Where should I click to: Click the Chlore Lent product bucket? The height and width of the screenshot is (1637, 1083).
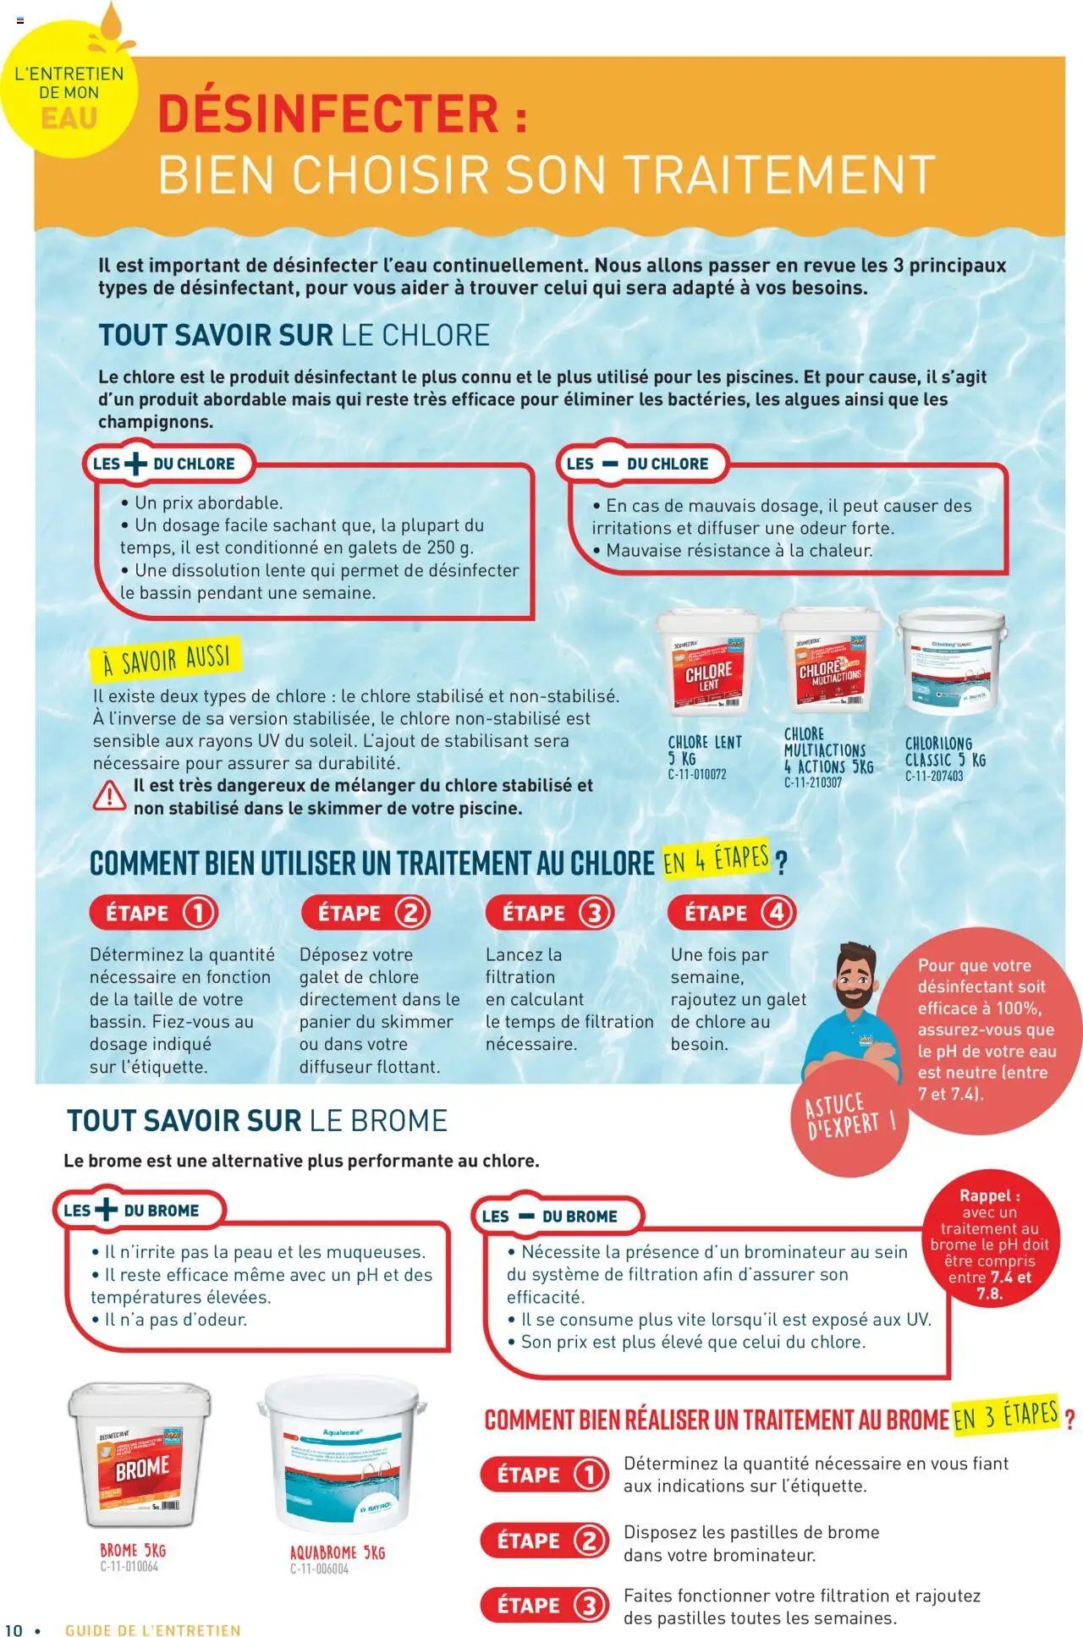coord(708,662)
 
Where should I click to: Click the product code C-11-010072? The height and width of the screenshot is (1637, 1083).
coord(697,774)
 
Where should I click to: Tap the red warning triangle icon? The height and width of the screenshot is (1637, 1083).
coord(109,796)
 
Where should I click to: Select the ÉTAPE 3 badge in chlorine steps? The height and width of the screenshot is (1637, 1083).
coord(550,913)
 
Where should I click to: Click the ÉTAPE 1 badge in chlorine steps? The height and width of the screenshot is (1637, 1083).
coord(154,913)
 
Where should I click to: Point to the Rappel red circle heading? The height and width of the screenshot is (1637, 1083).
coord(989,1195)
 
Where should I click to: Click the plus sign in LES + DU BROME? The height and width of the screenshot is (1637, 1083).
coord(107,1210)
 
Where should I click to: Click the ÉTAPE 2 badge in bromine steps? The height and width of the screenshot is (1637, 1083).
coord(545,1541)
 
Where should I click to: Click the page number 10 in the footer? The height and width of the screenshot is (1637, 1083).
coord(14,1629)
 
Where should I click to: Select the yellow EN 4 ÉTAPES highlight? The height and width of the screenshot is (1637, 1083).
coord(716,860)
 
